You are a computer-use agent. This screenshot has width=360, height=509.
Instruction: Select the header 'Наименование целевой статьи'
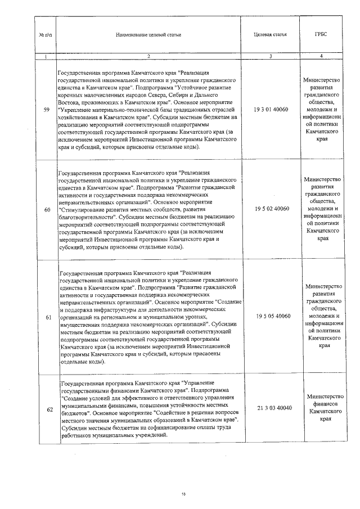point(148,34)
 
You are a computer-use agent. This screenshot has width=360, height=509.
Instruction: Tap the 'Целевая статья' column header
point(271,34)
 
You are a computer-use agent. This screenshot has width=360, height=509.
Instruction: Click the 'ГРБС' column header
point(321,34)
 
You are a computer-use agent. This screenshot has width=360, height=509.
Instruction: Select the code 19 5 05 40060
point(271,317)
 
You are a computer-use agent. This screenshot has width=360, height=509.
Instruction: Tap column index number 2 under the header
point(148,56)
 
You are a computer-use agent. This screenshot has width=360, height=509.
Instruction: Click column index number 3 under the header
point(271,56)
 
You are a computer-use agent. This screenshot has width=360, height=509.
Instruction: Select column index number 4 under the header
point(321,56)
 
